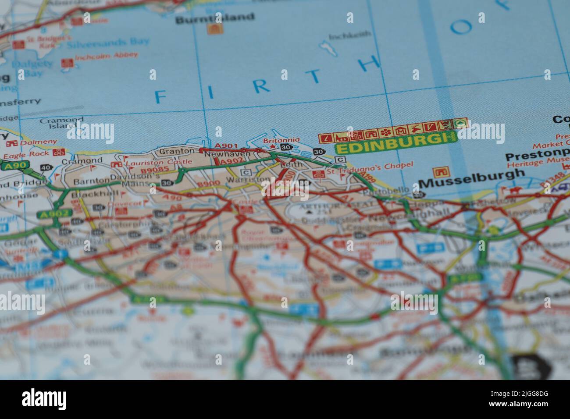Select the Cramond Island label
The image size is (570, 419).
(x=61, y=122)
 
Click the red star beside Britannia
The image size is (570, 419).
(x=273, y=147)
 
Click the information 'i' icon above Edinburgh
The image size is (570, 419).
(x=325, y=138)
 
